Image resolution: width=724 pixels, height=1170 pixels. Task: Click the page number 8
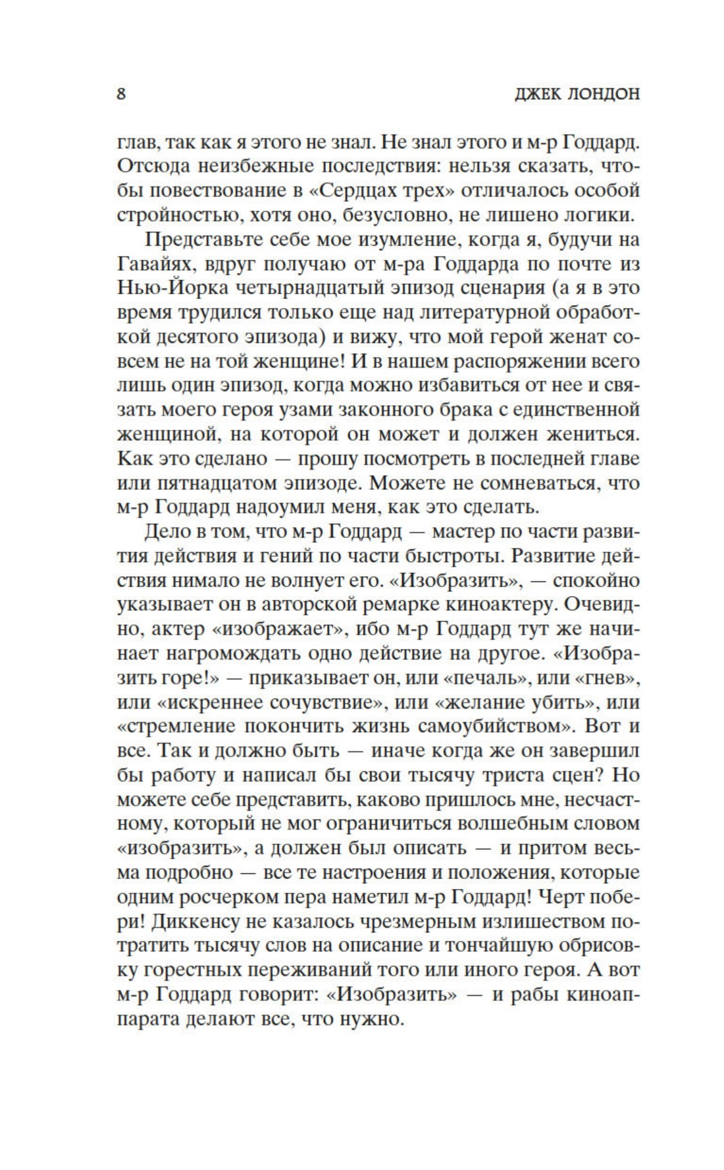[121, 93]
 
